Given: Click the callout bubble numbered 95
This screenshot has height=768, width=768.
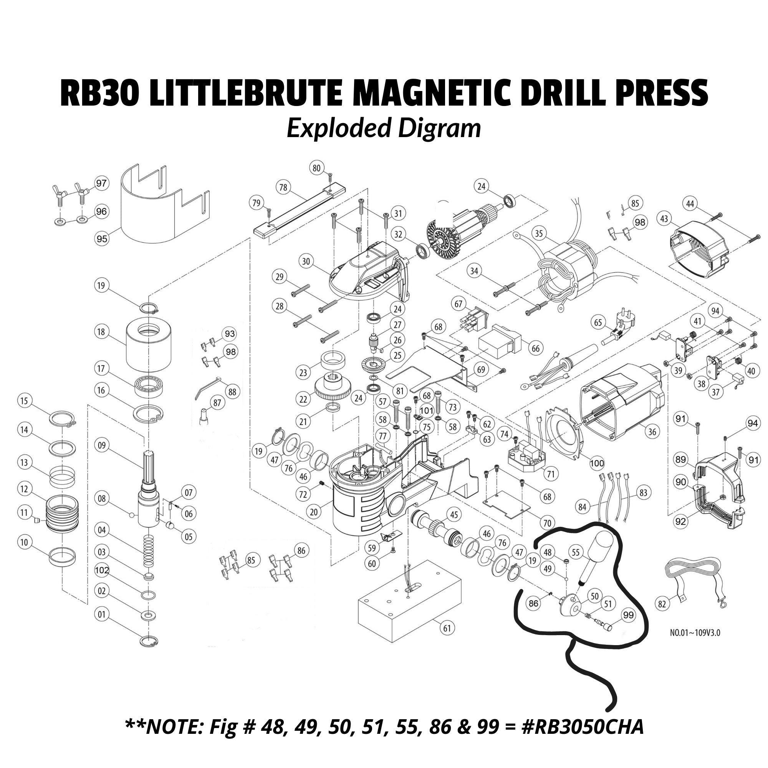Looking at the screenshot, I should [x=102, y=239].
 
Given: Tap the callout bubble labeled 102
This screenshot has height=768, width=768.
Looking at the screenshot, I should [x=102, y=570].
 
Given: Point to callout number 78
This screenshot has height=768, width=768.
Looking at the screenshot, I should [x=283, y=187].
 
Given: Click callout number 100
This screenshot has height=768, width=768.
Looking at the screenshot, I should [x=597, y=463].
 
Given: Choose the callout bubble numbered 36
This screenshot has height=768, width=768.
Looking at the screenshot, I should [x=652, y=431].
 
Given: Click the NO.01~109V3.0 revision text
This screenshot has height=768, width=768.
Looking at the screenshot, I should [x=695, y=644].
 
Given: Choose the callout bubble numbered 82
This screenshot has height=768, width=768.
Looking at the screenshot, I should [x=662, y=604].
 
